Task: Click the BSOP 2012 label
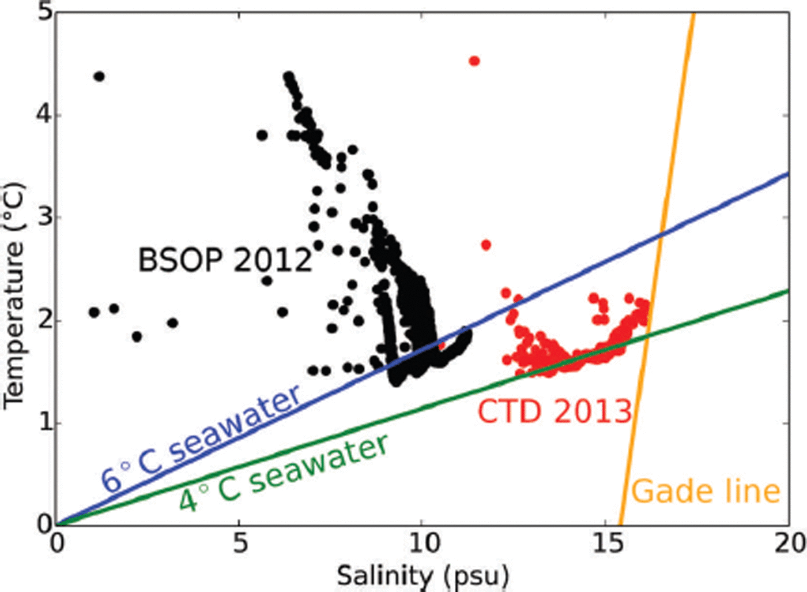click(x=225, y=260)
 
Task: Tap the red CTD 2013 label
click(x=555, y=411)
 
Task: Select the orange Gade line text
click(x=706, y=491)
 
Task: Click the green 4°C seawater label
click(x=284, y=473)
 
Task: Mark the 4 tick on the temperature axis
click(x=44, y=115)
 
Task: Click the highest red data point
click(x=474, y=61)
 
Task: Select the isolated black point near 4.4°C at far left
click(x=99, y=76)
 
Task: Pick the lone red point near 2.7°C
click(x=486, y=245)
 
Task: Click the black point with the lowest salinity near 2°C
click(x=94, y=312)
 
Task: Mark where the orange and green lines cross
click(x=647, y=334)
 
